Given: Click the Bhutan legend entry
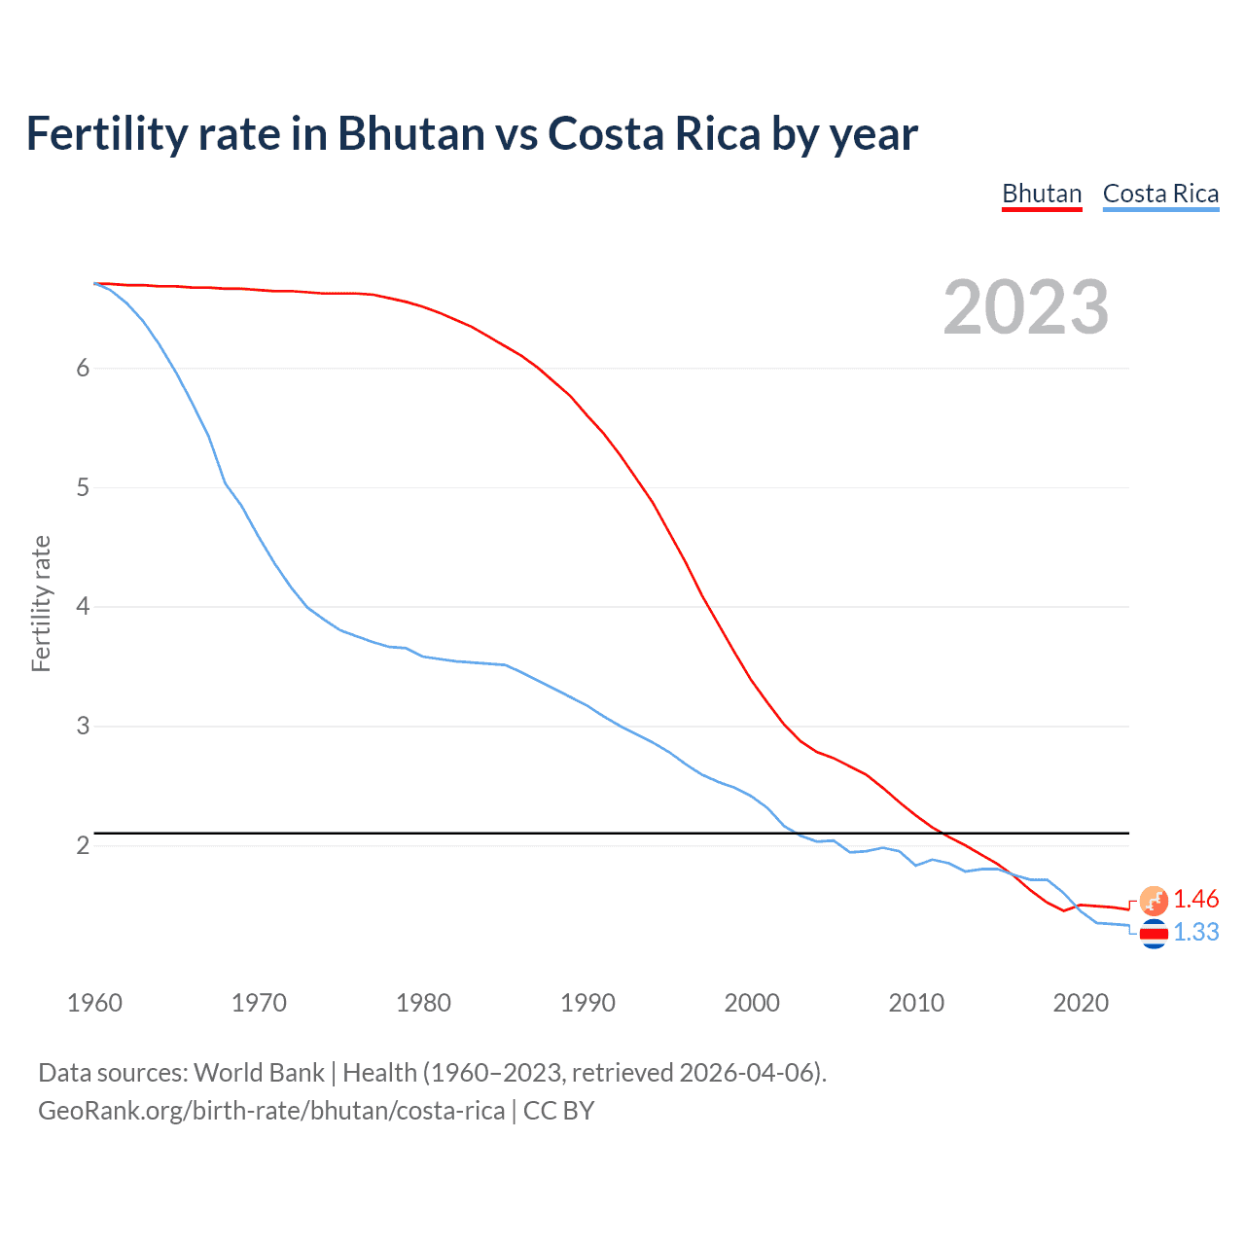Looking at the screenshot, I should (x=1042, y=194).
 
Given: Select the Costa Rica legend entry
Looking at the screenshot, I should (x=1160, y=194).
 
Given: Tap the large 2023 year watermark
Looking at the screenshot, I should (x=1026, y=307).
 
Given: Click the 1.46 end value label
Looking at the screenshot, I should (x=1195, y=899).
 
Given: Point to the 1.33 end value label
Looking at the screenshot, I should (x=1195, y=932).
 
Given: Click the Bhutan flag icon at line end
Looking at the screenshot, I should (x=1154, y=901).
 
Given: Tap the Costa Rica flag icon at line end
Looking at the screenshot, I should (x=1154, y=934).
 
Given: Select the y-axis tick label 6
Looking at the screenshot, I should (x=83, y=368).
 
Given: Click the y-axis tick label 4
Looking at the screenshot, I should (x=83, y=607).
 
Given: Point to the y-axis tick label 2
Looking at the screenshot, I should (x=83, y=845).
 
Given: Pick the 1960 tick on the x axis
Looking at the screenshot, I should (x=94, y=1003).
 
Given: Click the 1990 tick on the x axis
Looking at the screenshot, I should (x=587, y=1003).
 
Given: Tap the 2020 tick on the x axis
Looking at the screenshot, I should (x=1081, y=1003).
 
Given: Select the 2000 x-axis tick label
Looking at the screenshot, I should (x=752, y=1003).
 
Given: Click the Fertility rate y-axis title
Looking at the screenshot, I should (x=41, y=603).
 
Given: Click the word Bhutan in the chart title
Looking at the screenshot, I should (x=410, y=134).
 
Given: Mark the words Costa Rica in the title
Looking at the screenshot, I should (x=654, y=134).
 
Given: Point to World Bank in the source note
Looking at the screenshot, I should (x=259, y=1073).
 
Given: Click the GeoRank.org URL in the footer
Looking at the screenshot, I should (x=271, y=1111).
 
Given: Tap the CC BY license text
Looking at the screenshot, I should (x=558, y=1111).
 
